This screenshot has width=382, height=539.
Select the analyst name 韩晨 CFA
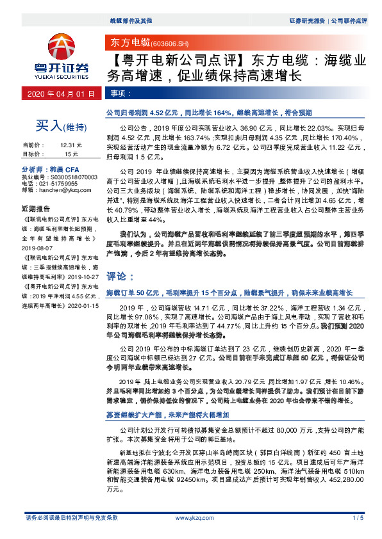coord(61,169)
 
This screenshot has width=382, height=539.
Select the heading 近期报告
coord(36,209)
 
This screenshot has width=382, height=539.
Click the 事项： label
coord(117,93)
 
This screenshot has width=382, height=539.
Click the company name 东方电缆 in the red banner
coord(128,42)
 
